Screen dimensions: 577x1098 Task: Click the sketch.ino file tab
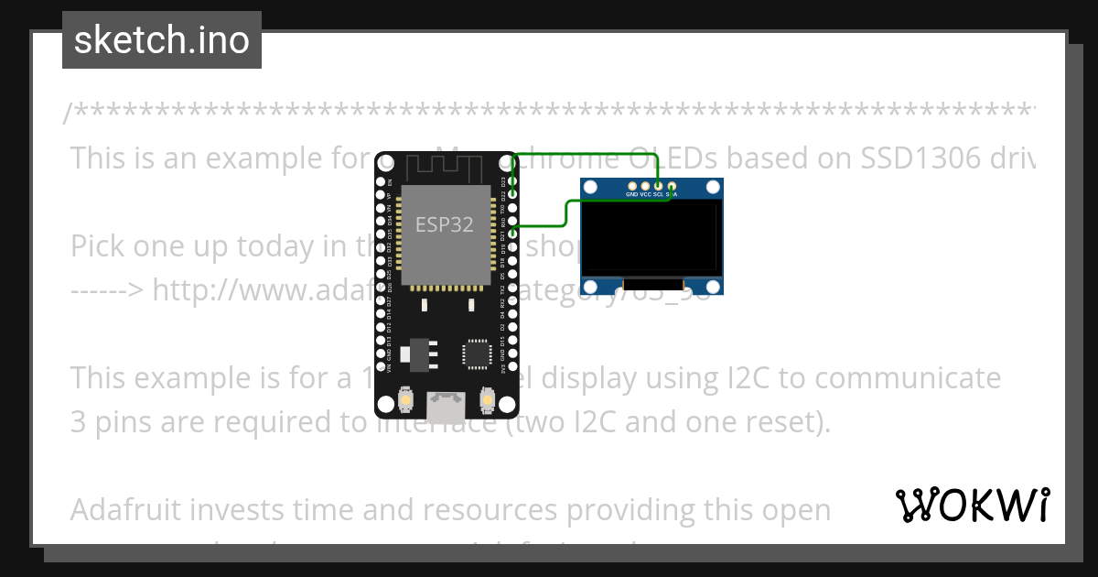pyautogui.click(x=161, y=40)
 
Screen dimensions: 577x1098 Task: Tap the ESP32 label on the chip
pyautogui.click(x=445, y=224)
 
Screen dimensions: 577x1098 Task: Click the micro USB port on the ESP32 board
pyautogui.click(x=447, y=407)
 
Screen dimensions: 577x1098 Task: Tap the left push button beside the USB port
pyautogui.click(x=405, y=399)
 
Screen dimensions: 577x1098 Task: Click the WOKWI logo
pyautogui.click(x=973, y=505)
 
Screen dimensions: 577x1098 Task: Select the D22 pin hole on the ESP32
pyautogui.click(x=513, y=195)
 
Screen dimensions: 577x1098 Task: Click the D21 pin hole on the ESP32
pyautogui.click(x=513, y=234)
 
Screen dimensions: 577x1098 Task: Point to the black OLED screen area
pyautogui.click(x=651, y=238)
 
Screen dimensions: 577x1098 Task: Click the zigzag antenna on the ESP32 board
pyautogui.click(x=445, y=168)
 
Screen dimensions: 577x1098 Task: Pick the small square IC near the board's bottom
pyautogui.click(x=477, y=354)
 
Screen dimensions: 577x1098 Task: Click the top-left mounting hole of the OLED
pyautogui.click(x=592, y=187)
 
